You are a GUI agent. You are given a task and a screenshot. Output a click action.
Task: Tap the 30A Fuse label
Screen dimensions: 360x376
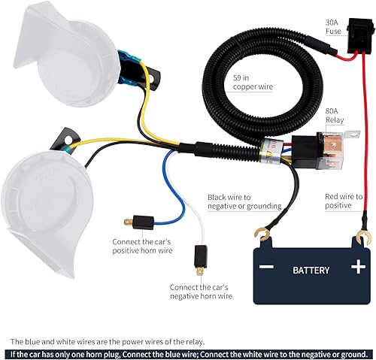[x=334, y=26]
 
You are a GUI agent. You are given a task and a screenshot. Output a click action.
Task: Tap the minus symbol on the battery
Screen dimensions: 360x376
[x=267, y=267]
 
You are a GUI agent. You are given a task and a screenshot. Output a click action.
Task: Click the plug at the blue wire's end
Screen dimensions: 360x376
[x=133, y=223]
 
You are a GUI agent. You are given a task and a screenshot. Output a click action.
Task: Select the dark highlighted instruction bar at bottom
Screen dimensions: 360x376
[x=188, y=353]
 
